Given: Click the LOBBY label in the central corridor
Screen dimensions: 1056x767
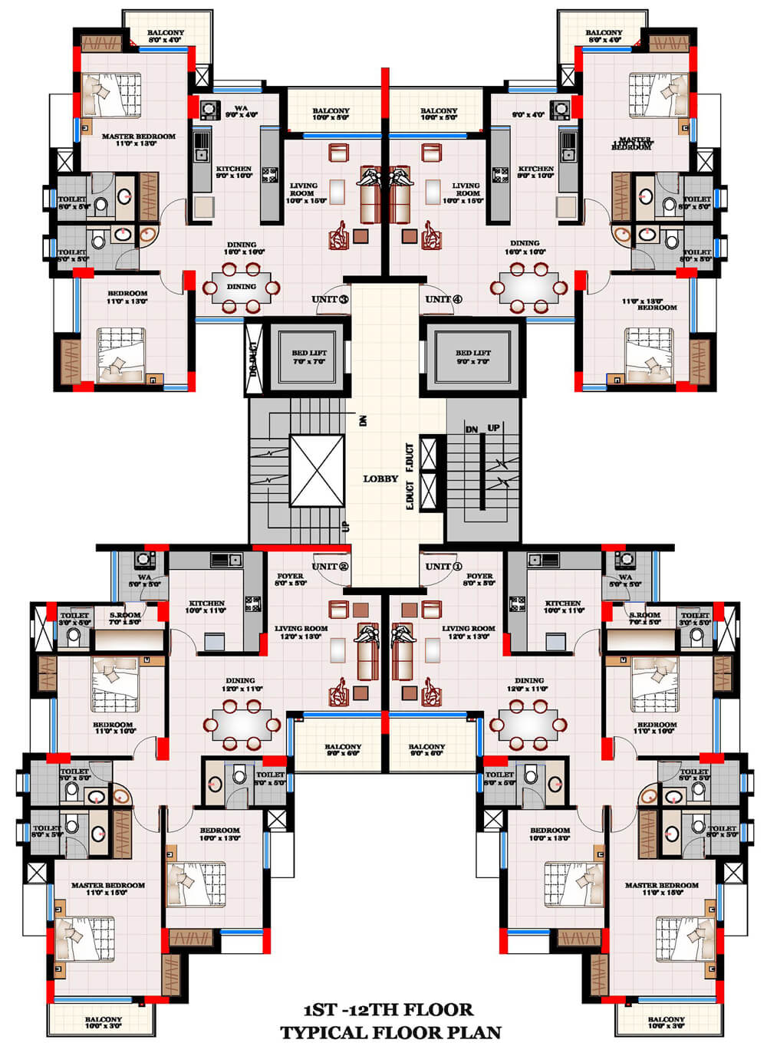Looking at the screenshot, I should pyautogui.click(x=380, y=479).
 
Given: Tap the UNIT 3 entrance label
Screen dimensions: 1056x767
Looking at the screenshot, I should pyautogui.click(x=330, y=299).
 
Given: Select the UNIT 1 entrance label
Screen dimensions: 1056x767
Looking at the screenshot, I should pyautogui.click(x=443, y=567).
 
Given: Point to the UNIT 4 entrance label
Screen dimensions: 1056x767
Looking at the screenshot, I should pyautogui.click(x=443, y=299).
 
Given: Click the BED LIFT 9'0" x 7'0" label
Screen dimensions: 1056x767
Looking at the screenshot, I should pyautogui.click(x=473, y=357).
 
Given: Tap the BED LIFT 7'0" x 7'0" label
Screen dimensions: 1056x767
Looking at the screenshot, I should pyautogui.click(x=309, y=357).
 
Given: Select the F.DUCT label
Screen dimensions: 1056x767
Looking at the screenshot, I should pyautogui.click(x=410, y=457).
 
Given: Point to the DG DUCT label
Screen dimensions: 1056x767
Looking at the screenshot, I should pyautogui.click(x=253, y=360).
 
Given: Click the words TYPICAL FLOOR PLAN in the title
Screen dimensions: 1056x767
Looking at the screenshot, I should pyautogui.click(x=390, y=1033).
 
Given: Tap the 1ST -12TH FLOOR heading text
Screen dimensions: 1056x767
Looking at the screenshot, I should pyautogui.click(x=388, y=1010).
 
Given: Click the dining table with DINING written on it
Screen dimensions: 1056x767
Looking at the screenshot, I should pyautogui.click(x=241, y=288).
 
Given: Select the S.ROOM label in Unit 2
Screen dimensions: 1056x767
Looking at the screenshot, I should pyautogui.click(x=124, y=617).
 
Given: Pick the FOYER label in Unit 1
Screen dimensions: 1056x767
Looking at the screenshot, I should pyautogui.click(x=479, y=579).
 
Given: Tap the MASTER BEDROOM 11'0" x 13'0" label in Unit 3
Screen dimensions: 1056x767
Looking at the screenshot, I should pyautogui.click(x=138, y=140).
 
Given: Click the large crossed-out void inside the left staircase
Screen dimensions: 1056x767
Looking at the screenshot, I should pyautogui.click(x=317, y=471).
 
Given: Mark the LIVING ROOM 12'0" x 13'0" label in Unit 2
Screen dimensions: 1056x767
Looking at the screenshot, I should pyautogui.click(x=301, y=632).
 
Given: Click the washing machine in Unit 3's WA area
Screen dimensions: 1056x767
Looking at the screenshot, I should pyautogui.click(x=208, y=110).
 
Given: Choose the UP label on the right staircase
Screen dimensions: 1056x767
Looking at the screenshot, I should pyautogui.click(x=493, y=428).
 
